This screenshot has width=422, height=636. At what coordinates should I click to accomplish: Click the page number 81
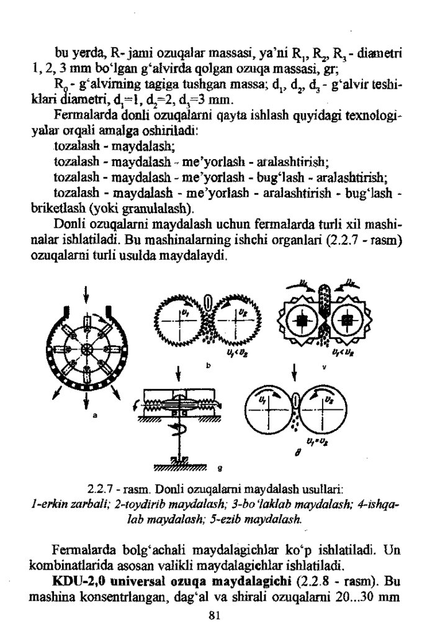(x=211, y=616)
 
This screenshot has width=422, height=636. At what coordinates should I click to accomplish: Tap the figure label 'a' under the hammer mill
(x=96, y=416)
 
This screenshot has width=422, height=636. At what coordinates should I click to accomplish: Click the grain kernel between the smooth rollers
(x=295, y=400)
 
